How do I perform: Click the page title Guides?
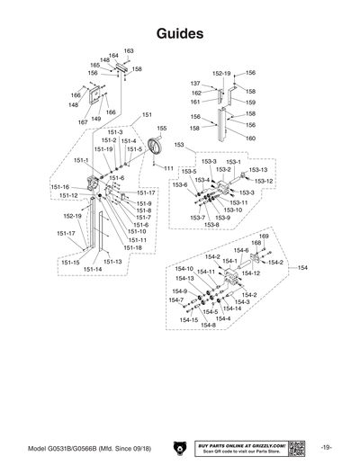point(179,33)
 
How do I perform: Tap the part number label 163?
point(129,50)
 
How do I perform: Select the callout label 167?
point(83,121)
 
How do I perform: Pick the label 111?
point(168,168)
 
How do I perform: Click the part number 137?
point(195,84)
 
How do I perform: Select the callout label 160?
point(250,139)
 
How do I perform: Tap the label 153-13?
point(258,169)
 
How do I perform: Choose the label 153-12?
point(264,181)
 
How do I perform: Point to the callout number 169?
point(264,236)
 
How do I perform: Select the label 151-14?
point(93,269)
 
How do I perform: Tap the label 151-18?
point(132,247)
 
